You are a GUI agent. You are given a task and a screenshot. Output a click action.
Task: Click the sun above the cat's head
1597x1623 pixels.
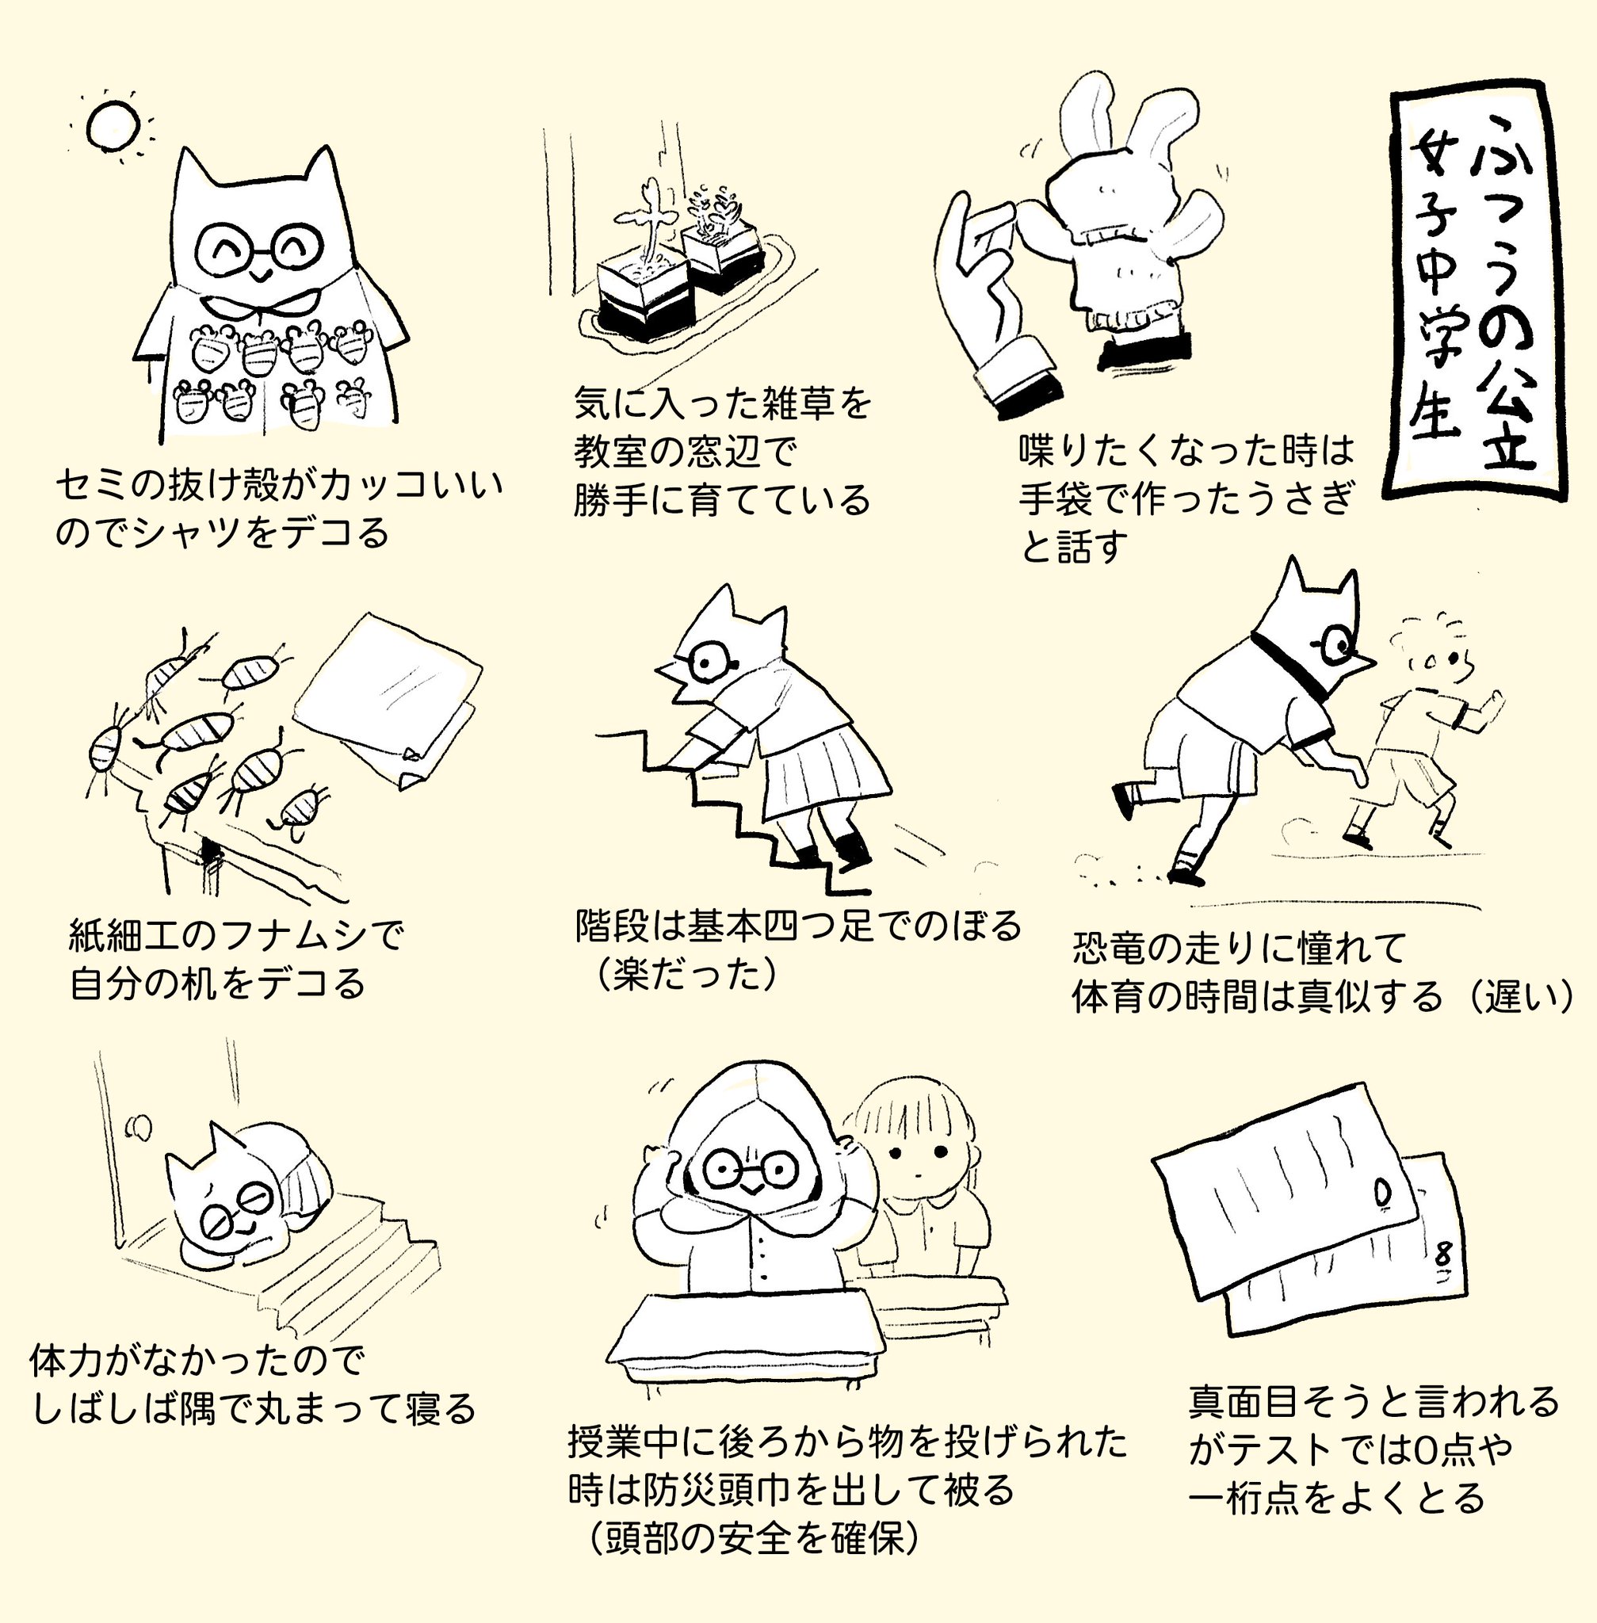[x=112, y=124]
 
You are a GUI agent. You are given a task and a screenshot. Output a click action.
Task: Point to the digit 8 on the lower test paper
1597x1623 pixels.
[x=1442, y=1255]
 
